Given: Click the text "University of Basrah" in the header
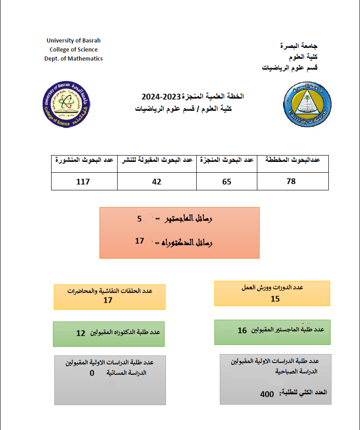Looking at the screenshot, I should [73, 41].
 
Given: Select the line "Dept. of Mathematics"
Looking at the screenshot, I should [73, 59].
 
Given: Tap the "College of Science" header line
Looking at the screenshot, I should [73, 50].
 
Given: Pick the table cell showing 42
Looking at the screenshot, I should [156, 181].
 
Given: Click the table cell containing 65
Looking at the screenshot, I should [227, 181].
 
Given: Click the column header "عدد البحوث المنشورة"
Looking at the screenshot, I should [84, 160].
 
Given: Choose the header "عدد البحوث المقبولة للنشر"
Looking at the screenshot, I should [156, 160].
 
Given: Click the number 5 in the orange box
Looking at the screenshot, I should [139, 219].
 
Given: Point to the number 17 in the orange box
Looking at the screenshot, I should [139, 241].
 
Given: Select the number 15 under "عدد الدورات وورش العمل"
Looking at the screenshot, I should [275, 298].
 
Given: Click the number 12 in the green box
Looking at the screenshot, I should [81, 333].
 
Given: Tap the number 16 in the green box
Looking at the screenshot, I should [242, 331].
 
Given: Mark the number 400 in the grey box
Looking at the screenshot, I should [267, 394].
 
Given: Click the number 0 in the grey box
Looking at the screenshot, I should [92, 373].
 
